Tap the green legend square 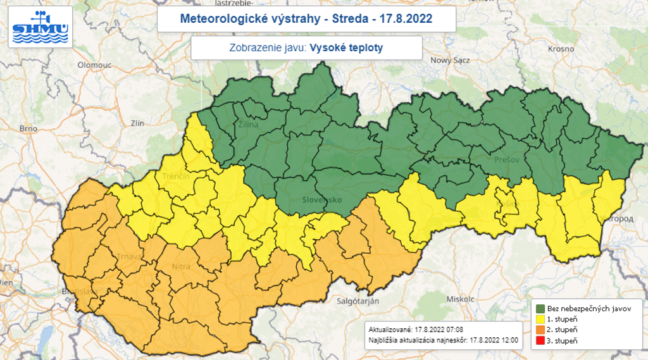tap(541, 309)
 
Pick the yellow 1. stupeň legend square tap(541, 320)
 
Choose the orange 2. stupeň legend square tap(541, 330)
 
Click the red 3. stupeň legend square tap(541, 341)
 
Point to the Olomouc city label tap(94, 65)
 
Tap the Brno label tap(28, 128)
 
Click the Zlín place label tap(137, 123)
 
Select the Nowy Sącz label tap(449, 60)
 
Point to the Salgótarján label tap(357, 301)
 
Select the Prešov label tap(506, 160)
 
